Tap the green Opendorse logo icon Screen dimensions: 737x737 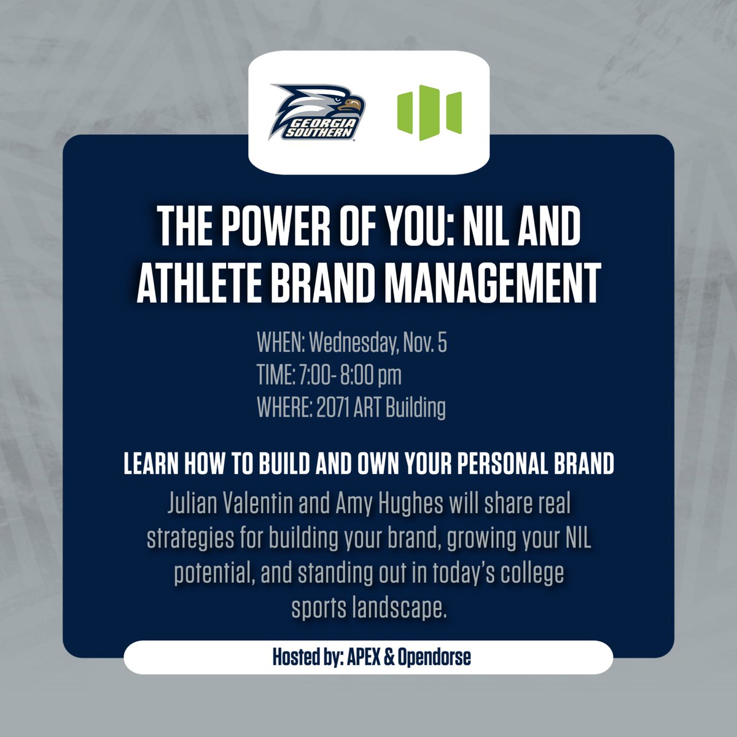(429, 113)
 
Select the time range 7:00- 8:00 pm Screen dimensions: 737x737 (350, 376)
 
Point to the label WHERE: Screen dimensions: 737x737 (284, 408)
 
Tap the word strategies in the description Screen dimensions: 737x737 (182, 540)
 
